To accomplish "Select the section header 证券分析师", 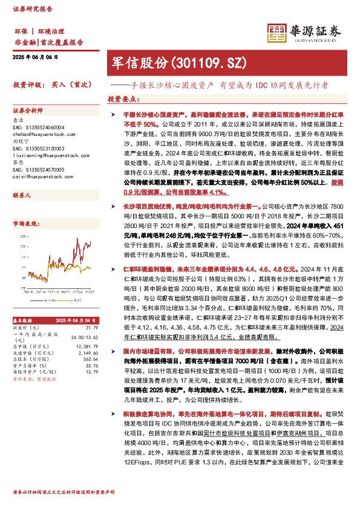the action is (x=28, y=110).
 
